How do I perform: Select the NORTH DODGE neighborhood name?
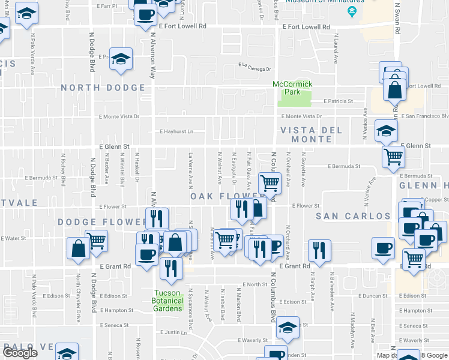click(103, 88)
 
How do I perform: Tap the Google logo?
click(20, 353)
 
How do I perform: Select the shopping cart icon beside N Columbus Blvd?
click(270, 182)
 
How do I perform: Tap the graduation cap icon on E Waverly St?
click(288, 328)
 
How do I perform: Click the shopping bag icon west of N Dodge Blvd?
click(78, 248)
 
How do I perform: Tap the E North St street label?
click(255, 284)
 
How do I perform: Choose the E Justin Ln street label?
click(175, 332)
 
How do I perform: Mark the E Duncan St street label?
click(372, 296)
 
